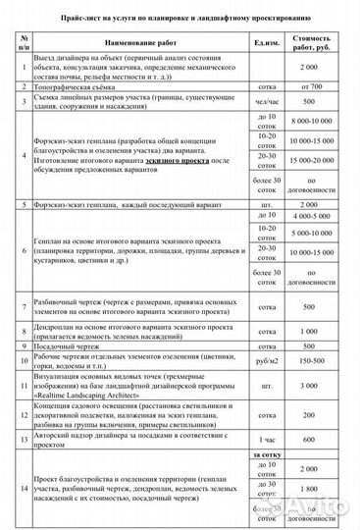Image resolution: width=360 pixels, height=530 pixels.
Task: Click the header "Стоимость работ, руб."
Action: tap(309, 41)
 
